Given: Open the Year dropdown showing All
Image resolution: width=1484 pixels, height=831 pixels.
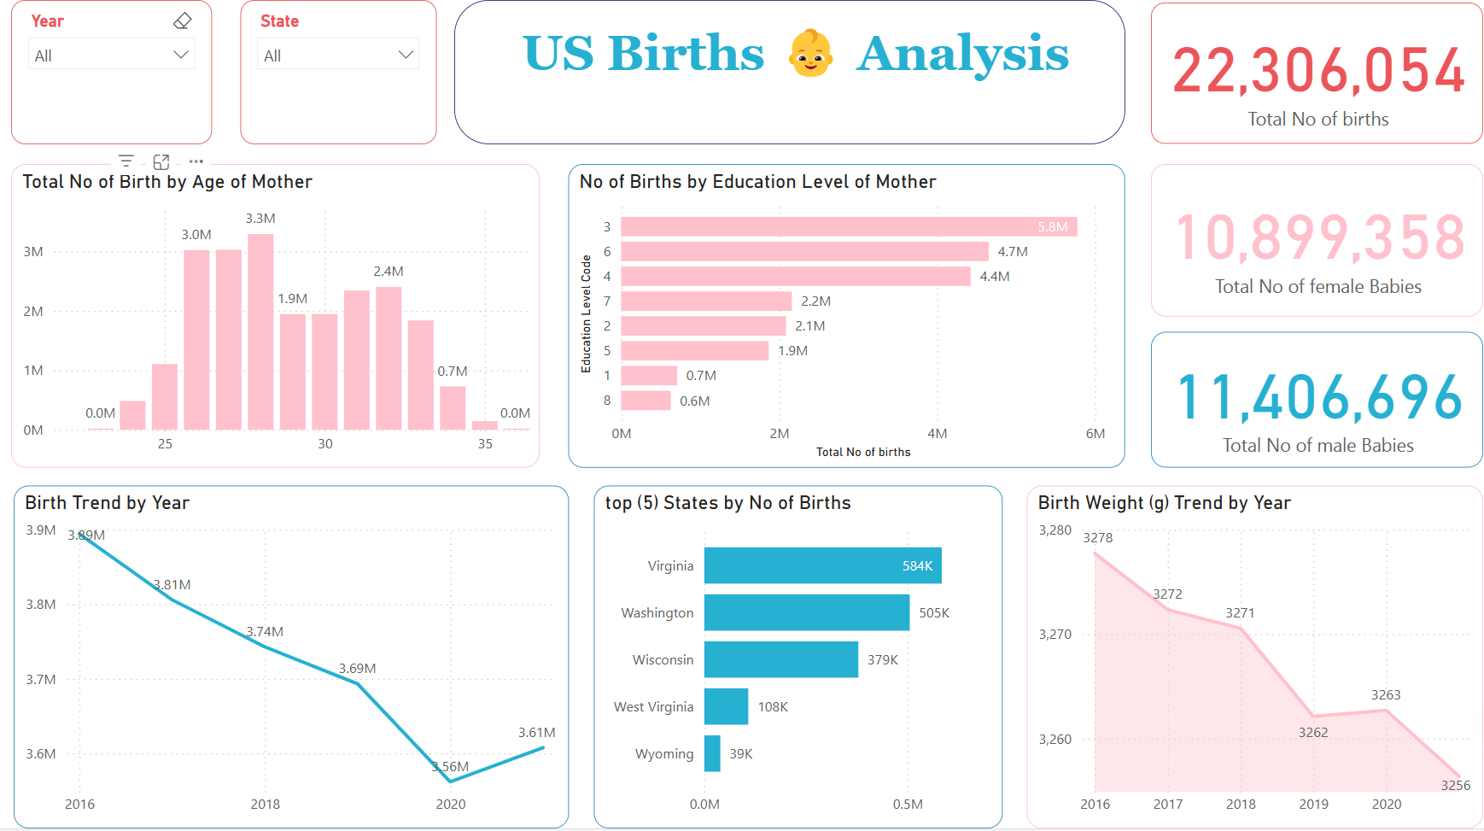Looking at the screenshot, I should click(x=111, y=56).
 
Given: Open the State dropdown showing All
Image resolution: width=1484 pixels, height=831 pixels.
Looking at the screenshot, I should click(x=339, y=56).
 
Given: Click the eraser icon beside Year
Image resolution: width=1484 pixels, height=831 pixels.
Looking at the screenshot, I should click(x=182, y=21).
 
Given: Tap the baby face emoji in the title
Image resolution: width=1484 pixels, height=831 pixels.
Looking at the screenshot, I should click(x=809, y=54).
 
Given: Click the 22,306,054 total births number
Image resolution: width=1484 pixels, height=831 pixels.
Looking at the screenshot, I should click(x=1317, y=71).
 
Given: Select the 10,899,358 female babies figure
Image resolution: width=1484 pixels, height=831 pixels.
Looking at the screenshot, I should click(x=1317, y=237).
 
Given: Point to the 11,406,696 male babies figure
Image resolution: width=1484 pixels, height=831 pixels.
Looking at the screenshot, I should click(x=1317, y=398).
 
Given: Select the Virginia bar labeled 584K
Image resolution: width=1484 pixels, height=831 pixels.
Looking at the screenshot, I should click(x=822, y=565).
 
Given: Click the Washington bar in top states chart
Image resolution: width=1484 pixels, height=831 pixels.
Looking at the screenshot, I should click(x=806, y=612).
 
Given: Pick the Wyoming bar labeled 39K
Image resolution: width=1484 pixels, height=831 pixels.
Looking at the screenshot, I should click(x=712, y=753).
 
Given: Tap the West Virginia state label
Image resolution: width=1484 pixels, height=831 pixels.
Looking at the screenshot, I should click(x=653, y=707).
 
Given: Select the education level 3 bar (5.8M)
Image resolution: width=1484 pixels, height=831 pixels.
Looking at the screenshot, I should click(x=849, y=226).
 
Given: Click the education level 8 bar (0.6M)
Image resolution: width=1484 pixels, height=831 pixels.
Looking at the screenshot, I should click(x=646, y=401).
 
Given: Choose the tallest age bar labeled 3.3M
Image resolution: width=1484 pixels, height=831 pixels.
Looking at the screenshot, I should click(x=260, y=331).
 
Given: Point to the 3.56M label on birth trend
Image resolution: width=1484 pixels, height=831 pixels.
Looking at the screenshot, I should click(x=451, y=767).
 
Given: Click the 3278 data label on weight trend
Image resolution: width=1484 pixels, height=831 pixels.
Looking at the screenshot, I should click(x=1097, y=538).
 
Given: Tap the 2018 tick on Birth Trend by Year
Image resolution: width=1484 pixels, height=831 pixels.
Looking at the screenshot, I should click(x=265, y=805).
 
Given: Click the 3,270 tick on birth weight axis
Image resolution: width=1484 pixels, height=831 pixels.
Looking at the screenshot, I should click(x=1055, y=635).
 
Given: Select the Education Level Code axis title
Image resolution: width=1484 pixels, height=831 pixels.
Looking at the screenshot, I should click(x=586, y=313).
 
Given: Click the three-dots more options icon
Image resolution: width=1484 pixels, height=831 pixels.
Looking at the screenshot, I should click(x=196, y=161).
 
